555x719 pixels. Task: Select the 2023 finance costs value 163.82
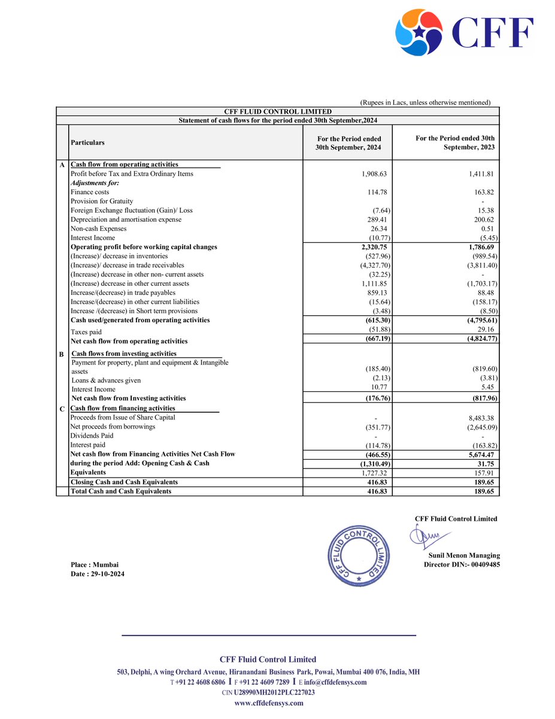click(481, 192)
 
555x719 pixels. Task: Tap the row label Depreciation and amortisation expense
click(126, 220)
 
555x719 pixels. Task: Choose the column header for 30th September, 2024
click(348, 143)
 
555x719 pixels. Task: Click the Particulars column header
click(87, 143)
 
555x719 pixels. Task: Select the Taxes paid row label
click(86, 332)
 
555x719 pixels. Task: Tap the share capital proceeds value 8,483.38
click(479, 418)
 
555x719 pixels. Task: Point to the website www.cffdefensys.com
click(269, 703)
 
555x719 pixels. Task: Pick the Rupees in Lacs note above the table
click(425, 102)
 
